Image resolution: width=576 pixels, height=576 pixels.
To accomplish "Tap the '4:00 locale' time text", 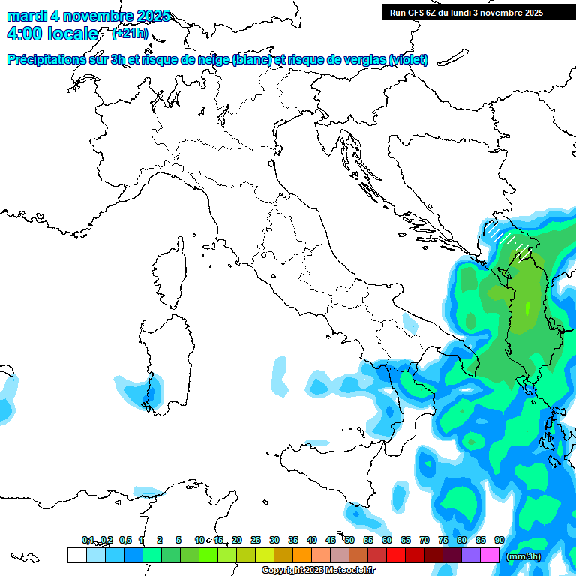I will click(x=52, y=34).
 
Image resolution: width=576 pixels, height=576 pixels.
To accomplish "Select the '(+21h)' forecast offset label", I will click(x=130, y=34).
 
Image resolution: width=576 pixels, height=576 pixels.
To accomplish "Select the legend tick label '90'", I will click(x=499, y=540).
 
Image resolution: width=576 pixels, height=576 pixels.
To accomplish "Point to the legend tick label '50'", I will click(x=349, y=540).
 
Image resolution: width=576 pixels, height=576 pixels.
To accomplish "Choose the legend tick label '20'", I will click(x=236, y=540).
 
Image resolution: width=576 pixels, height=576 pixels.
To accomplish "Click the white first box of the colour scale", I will click(x=76, y=555).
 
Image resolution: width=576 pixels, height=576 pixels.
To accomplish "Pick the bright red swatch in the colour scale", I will click(x=396, y=555).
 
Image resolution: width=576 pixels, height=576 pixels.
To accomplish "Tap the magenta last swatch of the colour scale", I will click(x=490, y=555).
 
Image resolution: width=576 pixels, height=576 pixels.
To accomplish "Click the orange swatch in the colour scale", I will click(x=302, y=555).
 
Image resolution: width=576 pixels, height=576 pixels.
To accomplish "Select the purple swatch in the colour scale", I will click(x=471, y=555).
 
